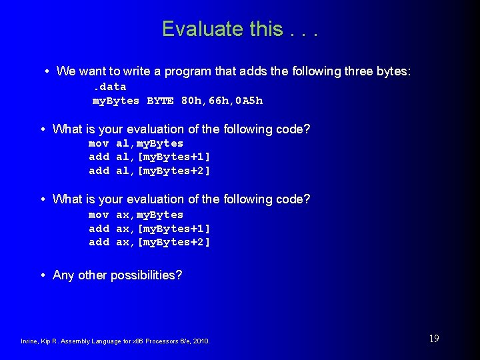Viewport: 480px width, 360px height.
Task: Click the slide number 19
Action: (433, 339)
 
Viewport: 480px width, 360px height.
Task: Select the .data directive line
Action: (109, 87)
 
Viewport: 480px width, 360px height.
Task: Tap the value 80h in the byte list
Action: (191, 101)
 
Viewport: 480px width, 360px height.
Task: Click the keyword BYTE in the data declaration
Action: (160, 101)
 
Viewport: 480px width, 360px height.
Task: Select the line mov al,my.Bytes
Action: (136, 143)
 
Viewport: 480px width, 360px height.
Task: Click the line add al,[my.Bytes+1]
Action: (149, 157)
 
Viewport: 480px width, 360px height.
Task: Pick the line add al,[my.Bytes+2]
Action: (149, 171)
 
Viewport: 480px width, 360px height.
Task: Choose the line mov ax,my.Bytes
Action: (136, 215)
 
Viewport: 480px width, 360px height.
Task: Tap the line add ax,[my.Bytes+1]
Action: (149, 229)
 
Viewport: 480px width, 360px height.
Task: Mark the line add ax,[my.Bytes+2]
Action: (149, 242)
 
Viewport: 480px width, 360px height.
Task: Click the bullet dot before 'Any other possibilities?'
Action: (43, 275)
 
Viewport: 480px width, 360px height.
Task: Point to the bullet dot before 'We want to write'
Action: (47, 71)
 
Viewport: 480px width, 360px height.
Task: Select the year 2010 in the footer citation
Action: (202, 341)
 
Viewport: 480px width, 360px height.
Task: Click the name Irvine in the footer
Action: (29, 341)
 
